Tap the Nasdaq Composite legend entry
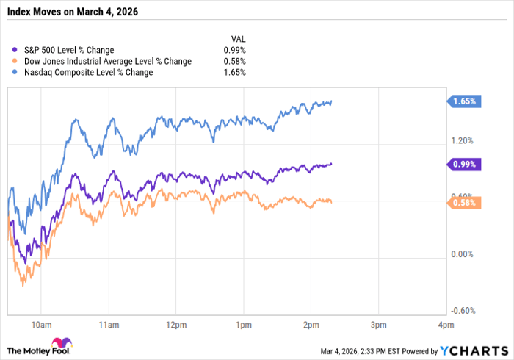pyautogui.click(x=88, y=72)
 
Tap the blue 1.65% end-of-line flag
pyautogui.click(x=465, y=101)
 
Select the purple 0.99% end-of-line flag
pyautogui.click(x=465, y=164)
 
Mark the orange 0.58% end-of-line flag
pyautogui.click(x=465, y=203)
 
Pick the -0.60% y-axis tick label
pyautogui.click(x=463, y=310)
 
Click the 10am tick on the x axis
pyautogui.click(x=41, y=324)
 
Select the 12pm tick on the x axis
pyautogui.click(x=176, y=324)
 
